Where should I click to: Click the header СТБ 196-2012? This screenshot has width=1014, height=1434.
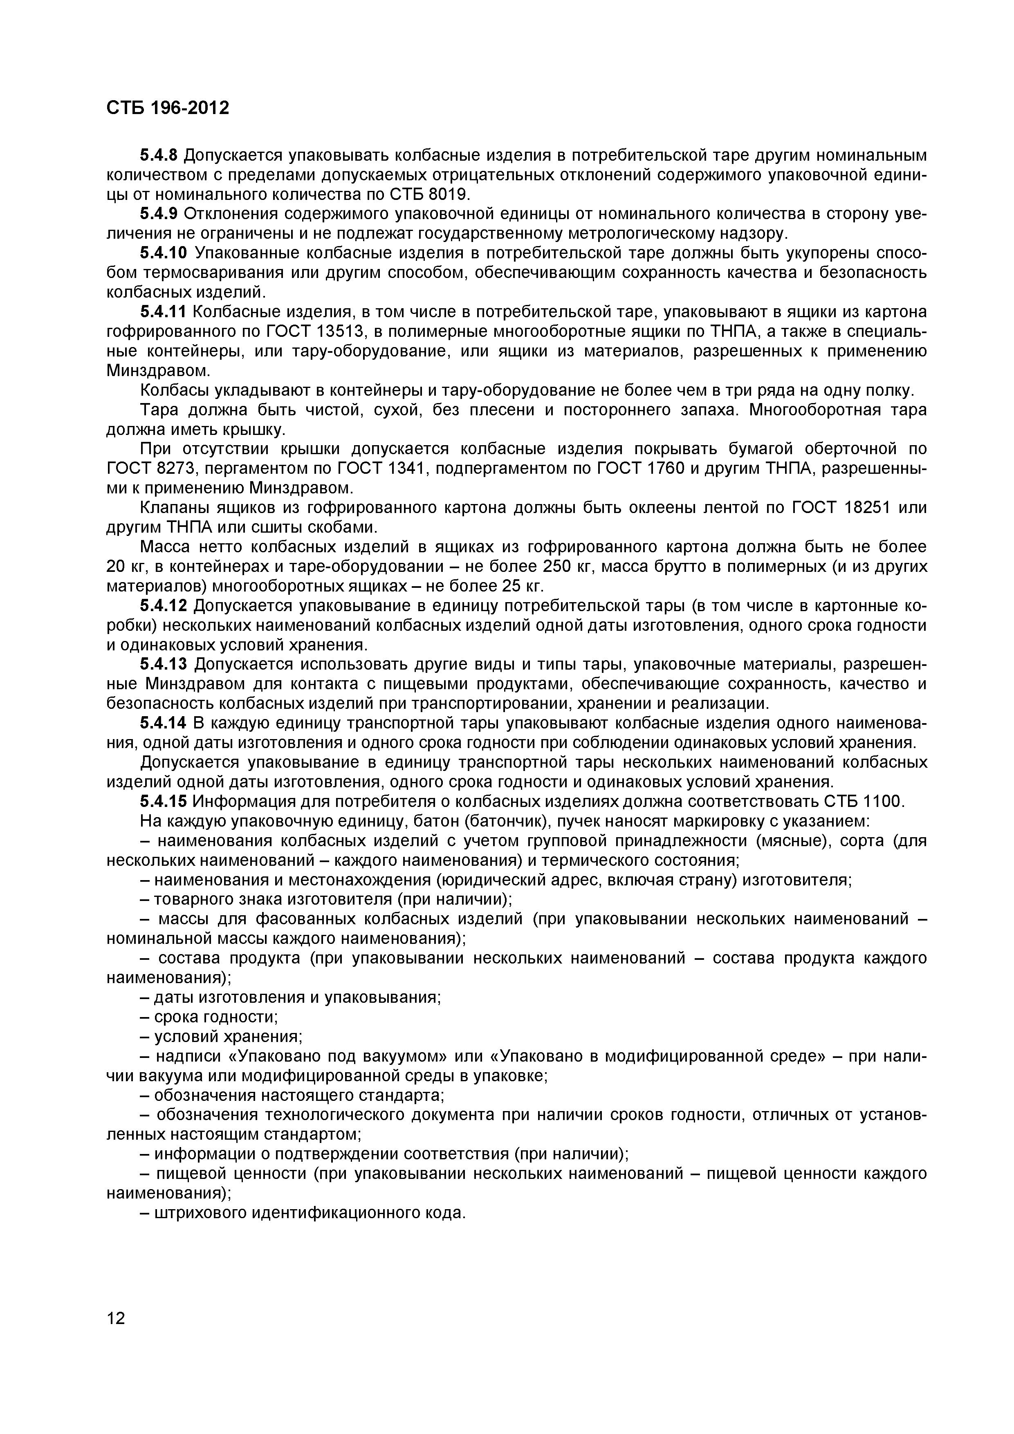pos(168,108)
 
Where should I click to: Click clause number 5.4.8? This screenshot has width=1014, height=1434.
pos(159,155)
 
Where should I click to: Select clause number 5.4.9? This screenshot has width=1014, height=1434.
pos(159,214)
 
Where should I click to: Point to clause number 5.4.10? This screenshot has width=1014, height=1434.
pos(163,253)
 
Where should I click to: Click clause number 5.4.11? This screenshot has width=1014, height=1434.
pos(163,311)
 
